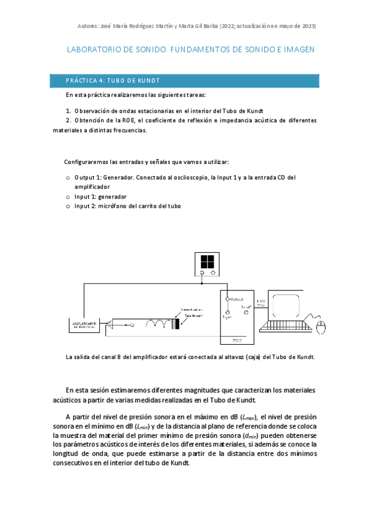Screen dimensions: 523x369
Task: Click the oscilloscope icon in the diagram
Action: click(x=207, y=263)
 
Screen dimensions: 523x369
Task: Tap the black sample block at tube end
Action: click(x=177, y=324)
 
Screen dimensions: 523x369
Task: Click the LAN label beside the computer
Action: click(x=261, y=301)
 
